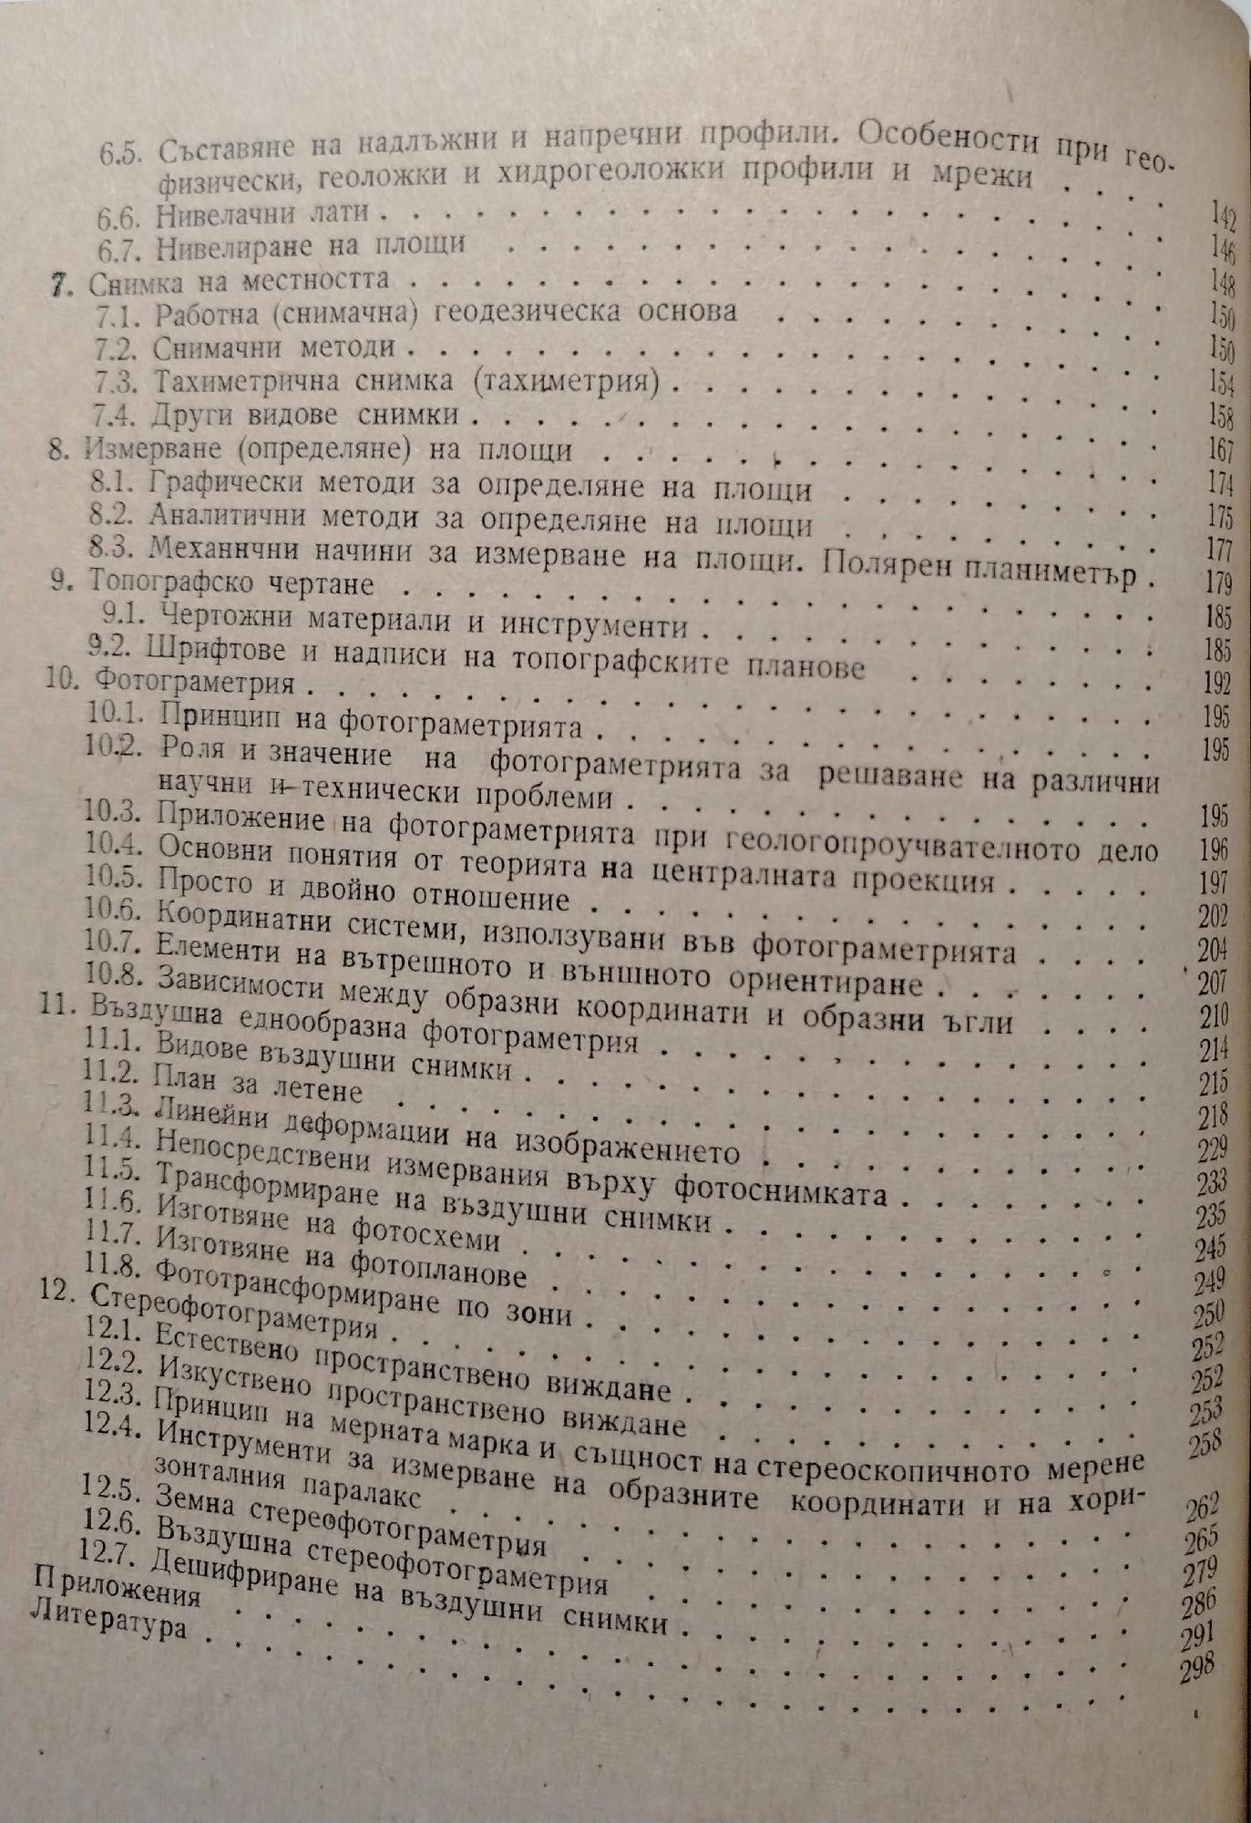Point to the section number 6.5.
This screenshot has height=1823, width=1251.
coord(119,153)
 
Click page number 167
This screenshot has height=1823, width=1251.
coord(1216,450)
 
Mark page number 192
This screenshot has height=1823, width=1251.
coord(1215,684)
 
